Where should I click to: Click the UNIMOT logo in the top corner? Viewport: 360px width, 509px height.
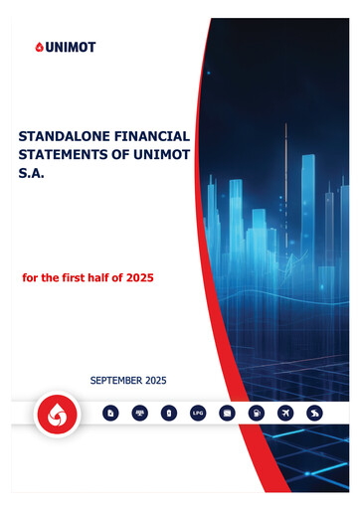tap(64, 47)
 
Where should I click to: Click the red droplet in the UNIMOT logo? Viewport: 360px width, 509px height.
tap(39, 47)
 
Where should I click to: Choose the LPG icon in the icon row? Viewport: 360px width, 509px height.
tap(197, 412)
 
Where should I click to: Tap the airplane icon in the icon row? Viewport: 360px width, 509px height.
tap(285, 412)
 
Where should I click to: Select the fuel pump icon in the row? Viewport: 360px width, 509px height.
tap(256, 412)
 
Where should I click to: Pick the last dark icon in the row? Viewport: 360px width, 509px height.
tap(314, 412)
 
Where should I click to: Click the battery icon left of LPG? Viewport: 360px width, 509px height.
tap(169, 412)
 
